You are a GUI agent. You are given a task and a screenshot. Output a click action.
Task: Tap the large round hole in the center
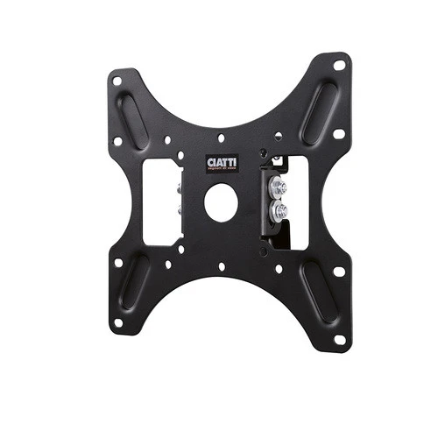point(221,202)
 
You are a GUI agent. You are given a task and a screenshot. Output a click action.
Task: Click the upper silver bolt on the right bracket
point(279,186)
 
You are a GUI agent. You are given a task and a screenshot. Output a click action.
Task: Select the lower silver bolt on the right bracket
point(280,210)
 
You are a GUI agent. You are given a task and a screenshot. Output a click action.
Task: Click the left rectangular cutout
point(161,201)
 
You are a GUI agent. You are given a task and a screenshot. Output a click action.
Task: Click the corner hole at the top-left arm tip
point(117,81)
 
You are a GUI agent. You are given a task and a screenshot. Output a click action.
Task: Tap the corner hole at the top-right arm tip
point(339,65)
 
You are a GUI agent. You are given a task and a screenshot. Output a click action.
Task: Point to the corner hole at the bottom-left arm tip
point(117,322)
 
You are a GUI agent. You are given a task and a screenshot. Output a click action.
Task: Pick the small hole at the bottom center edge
point(221,266)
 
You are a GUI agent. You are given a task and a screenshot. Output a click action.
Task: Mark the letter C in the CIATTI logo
point(208,162)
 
